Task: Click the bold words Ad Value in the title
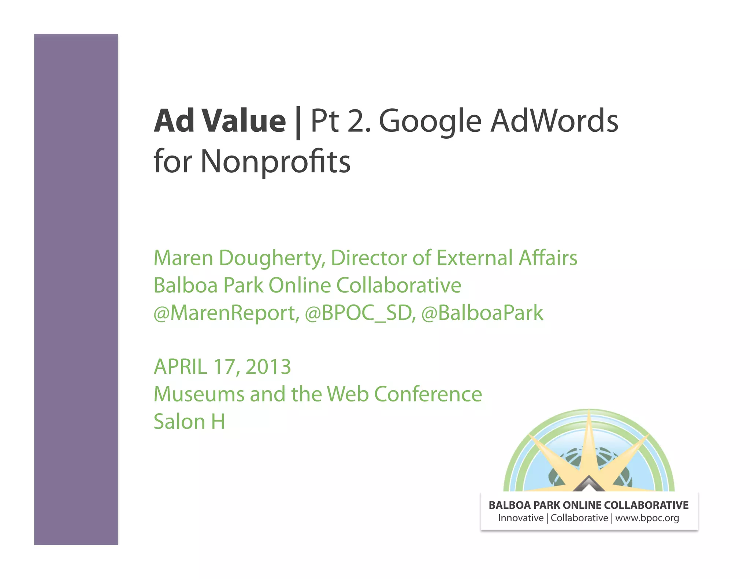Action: click(x=220, y=121)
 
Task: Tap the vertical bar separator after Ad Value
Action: click(x=298, y=123)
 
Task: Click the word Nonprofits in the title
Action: click(x=275, y=161)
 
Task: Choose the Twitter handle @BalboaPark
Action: click(x=482, y=313)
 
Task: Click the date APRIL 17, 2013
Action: click(x=222, y=367)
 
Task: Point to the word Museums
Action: click(x=199, y=394)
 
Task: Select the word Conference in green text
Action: click(x=428, y=394)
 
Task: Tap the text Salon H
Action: click(x=189, y=422)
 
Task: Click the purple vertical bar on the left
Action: click(x=76, y=289)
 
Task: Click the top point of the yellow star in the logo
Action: click(x=589, y=412)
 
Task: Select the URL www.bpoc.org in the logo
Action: click(x=647, y=518)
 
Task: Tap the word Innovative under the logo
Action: click(x=520, y=518)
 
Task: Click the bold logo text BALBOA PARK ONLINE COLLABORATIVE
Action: click(x=589, y=505)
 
